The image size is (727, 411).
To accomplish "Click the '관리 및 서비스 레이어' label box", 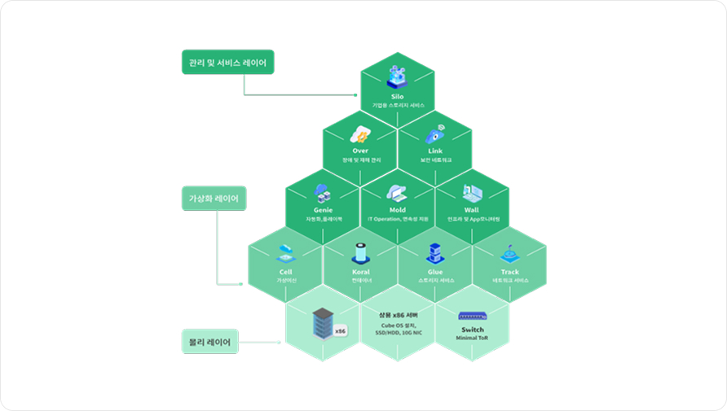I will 227,63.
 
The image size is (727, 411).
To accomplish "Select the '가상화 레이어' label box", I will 214,199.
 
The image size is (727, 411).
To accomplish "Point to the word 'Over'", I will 360,151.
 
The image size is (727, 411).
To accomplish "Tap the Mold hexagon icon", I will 397,194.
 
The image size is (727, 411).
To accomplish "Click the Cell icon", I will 286,252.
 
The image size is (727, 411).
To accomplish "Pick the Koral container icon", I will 360,252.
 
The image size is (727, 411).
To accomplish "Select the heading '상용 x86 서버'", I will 398,315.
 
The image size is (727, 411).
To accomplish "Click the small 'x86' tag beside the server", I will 341,331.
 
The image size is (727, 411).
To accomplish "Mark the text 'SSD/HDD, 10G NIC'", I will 398,333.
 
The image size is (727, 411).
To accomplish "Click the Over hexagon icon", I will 360,134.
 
